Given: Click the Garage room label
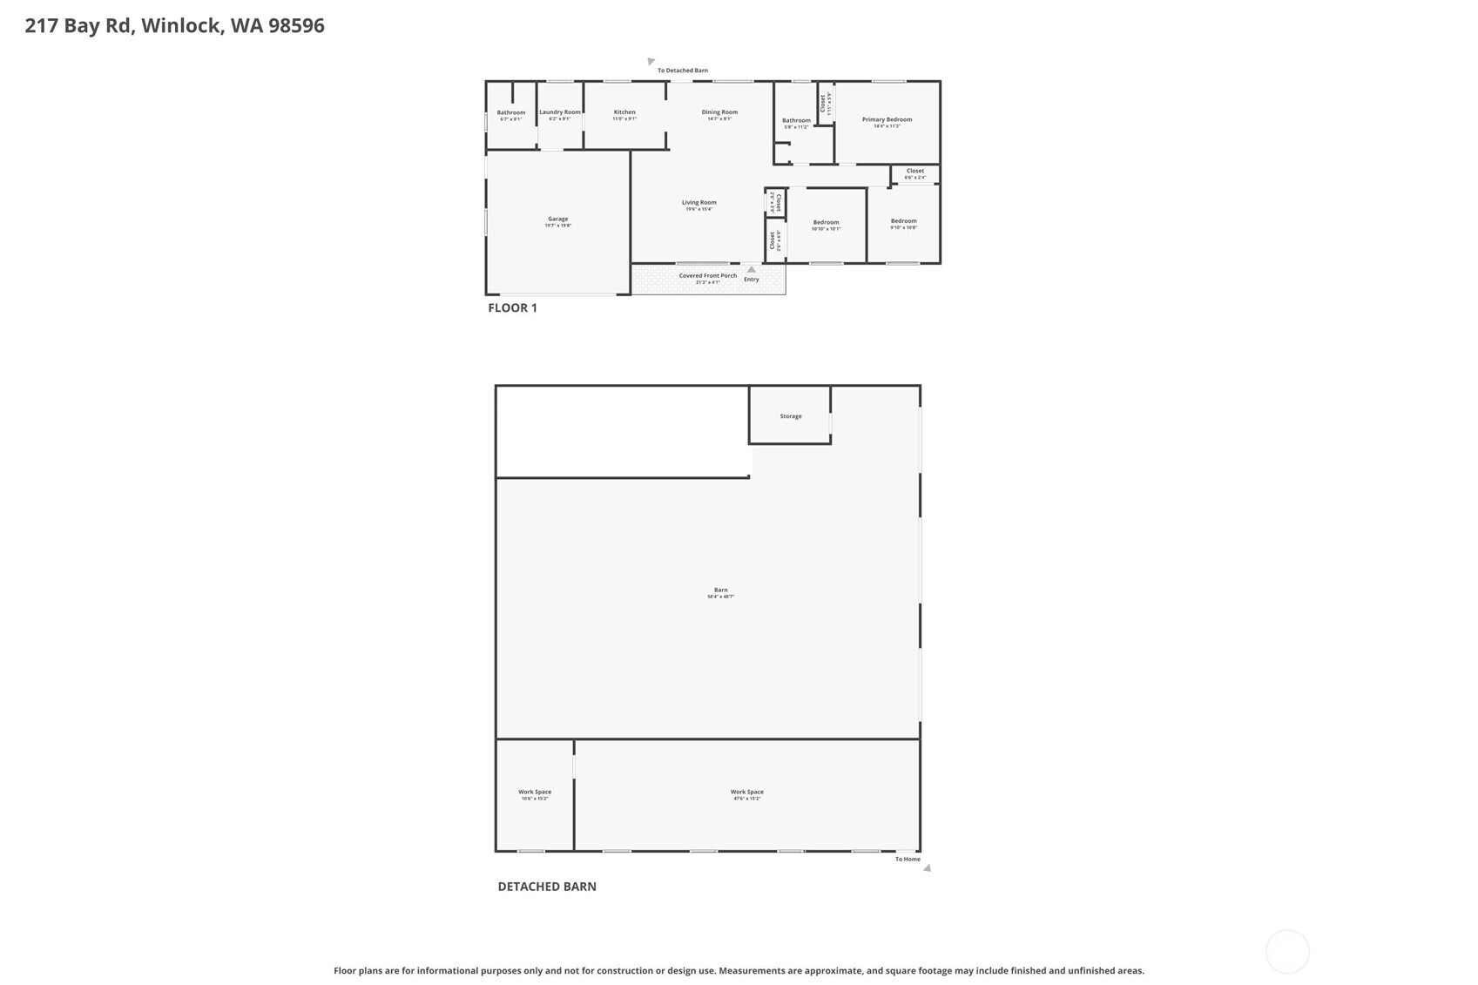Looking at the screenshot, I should [x=557, y=219].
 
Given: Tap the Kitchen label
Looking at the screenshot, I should [x=624, y=112].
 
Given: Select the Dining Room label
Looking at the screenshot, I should [x=719, y=112].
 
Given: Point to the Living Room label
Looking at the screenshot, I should [x=699, y=203].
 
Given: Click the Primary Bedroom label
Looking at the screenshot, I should [x=887, y=120].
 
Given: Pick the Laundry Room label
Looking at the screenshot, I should [x=559, y=112].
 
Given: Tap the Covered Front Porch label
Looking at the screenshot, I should [x=707, y=276].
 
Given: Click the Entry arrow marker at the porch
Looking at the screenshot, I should [x=752, y=269].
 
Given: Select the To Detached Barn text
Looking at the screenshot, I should [x=682, y=71].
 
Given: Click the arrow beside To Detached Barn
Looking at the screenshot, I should [x=651, y=61].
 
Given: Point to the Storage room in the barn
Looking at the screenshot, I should [x=791, y=416].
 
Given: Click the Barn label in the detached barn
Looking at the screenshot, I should [x=720, y=590].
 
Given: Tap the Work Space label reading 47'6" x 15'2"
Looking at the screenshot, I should [x=746, y=793].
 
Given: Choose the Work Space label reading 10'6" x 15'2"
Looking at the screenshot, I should [x=535, y=793].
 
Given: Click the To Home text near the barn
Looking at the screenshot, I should [x=908, y=860].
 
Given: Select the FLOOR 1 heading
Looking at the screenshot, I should [x=512, y=307].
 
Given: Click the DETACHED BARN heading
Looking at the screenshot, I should [x=547, y=887].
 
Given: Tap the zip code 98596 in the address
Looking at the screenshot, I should [x=296, y=25].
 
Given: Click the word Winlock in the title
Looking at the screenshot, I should [x=181, y=25].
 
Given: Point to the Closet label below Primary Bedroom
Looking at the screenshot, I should [x=914, y=172].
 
